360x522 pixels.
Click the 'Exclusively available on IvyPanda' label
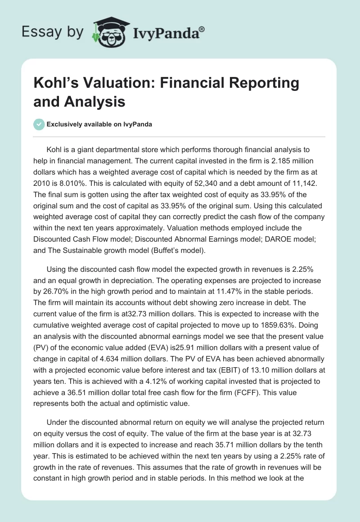99,124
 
